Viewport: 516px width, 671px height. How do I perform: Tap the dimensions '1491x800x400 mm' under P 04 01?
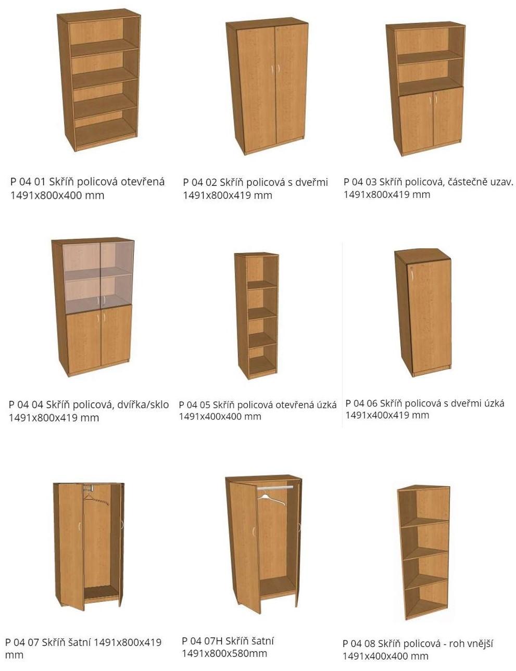click(x=57, y=196)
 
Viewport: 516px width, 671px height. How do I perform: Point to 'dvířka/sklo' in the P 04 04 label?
click(x=142, y=404)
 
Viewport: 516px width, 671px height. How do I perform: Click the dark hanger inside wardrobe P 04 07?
click(x=96, y=501)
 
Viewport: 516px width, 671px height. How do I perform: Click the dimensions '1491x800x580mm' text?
click(x=224, y=653)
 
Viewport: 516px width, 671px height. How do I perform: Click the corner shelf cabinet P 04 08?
click(x=423, y=552)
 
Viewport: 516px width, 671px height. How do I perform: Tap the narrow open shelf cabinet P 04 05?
click(x=256, y=315)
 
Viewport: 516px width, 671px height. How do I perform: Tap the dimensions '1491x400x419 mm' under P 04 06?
click(x=387, y=415)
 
